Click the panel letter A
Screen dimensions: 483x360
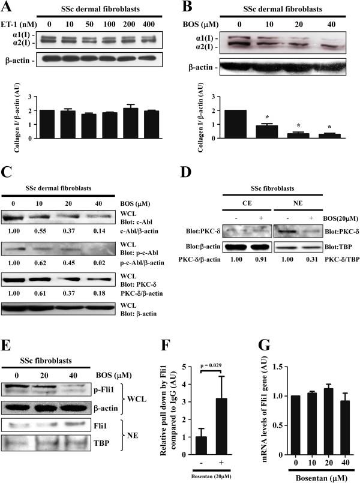[x=8, y=8]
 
